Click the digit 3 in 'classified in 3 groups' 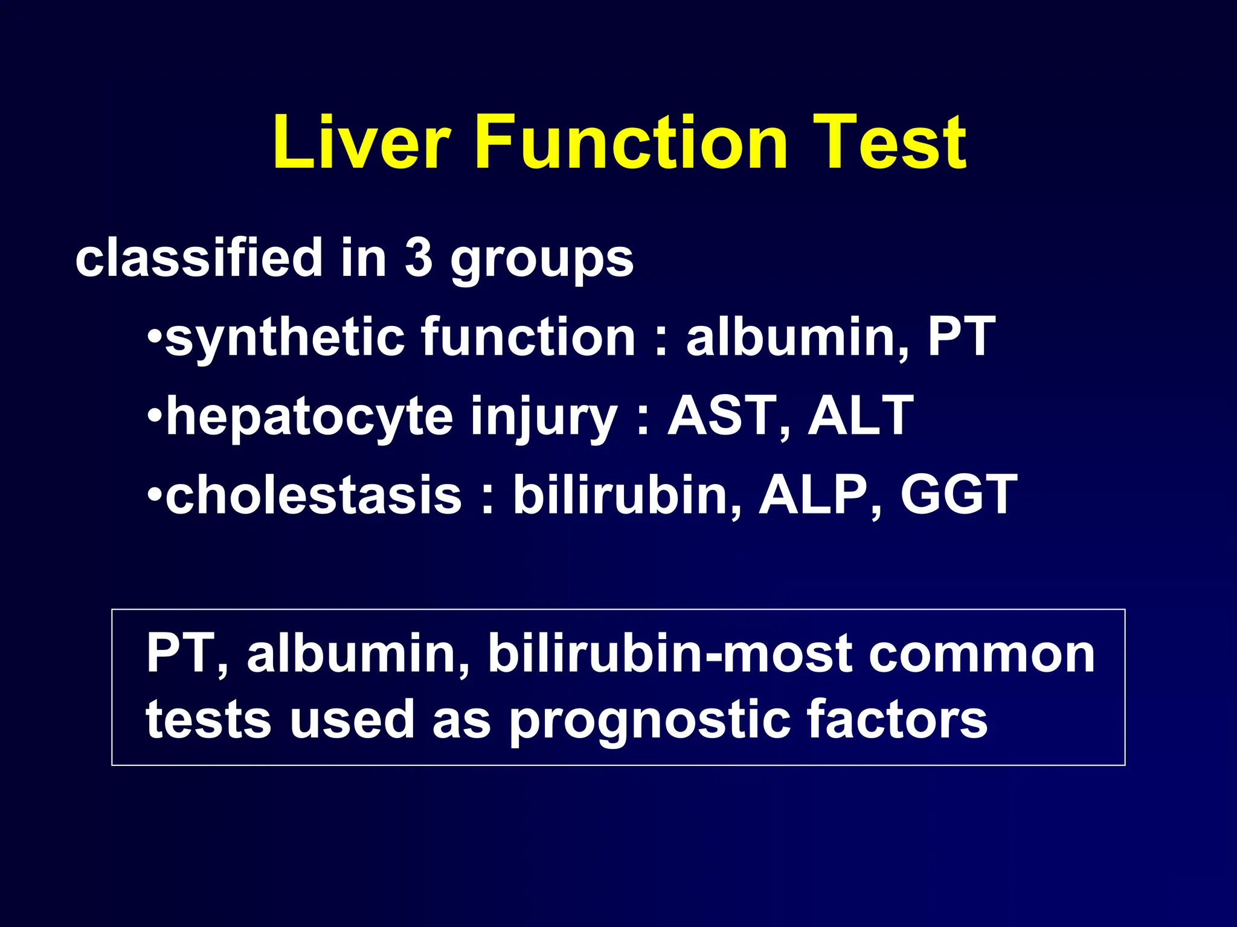click(419, 258)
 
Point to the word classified click(199, 258)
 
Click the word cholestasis click(313, 495)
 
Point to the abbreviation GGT click(959, 495)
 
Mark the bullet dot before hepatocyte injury click(155, 416)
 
